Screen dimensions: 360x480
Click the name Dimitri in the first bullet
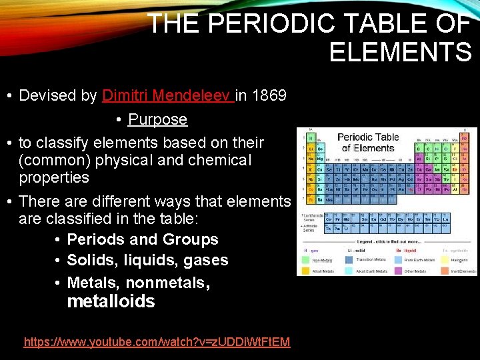(126, 96)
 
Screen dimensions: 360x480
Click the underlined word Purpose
(157, 120)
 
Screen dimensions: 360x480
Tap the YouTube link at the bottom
(157, 342)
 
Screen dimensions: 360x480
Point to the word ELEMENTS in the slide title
(400, 52)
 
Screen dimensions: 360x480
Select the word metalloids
(111, 302)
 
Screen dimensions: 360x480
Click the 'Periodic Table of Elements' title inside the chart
(368, 142)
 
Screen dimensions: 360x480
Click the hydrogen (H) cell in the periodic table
(310, 137)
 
